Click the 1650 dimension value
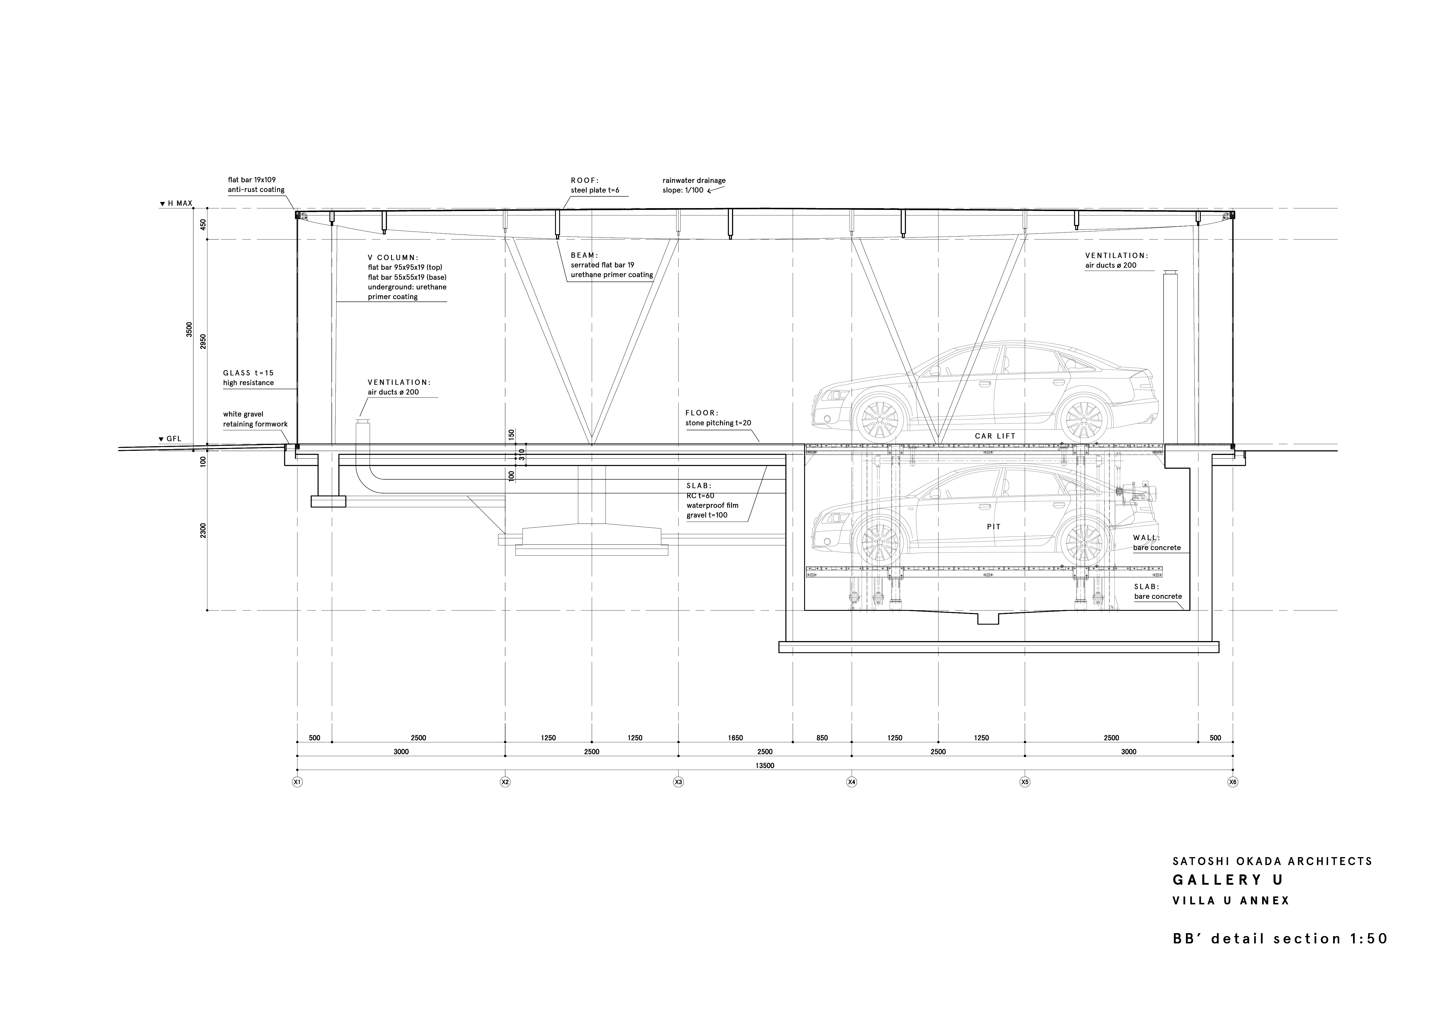tap(735, 738)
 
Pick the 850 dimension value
tap(822, 738)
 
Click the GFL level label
tap(170, 439)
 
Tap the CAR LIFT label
tap(995, 436)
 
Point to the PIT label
tap(994, 527)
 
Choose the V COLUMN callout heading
tap(393, 258)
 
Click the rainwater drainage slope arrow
tap(717, 189)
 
